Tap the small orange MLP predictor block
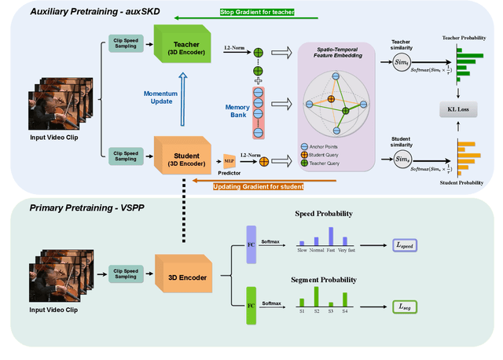(x=229, y=160)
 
